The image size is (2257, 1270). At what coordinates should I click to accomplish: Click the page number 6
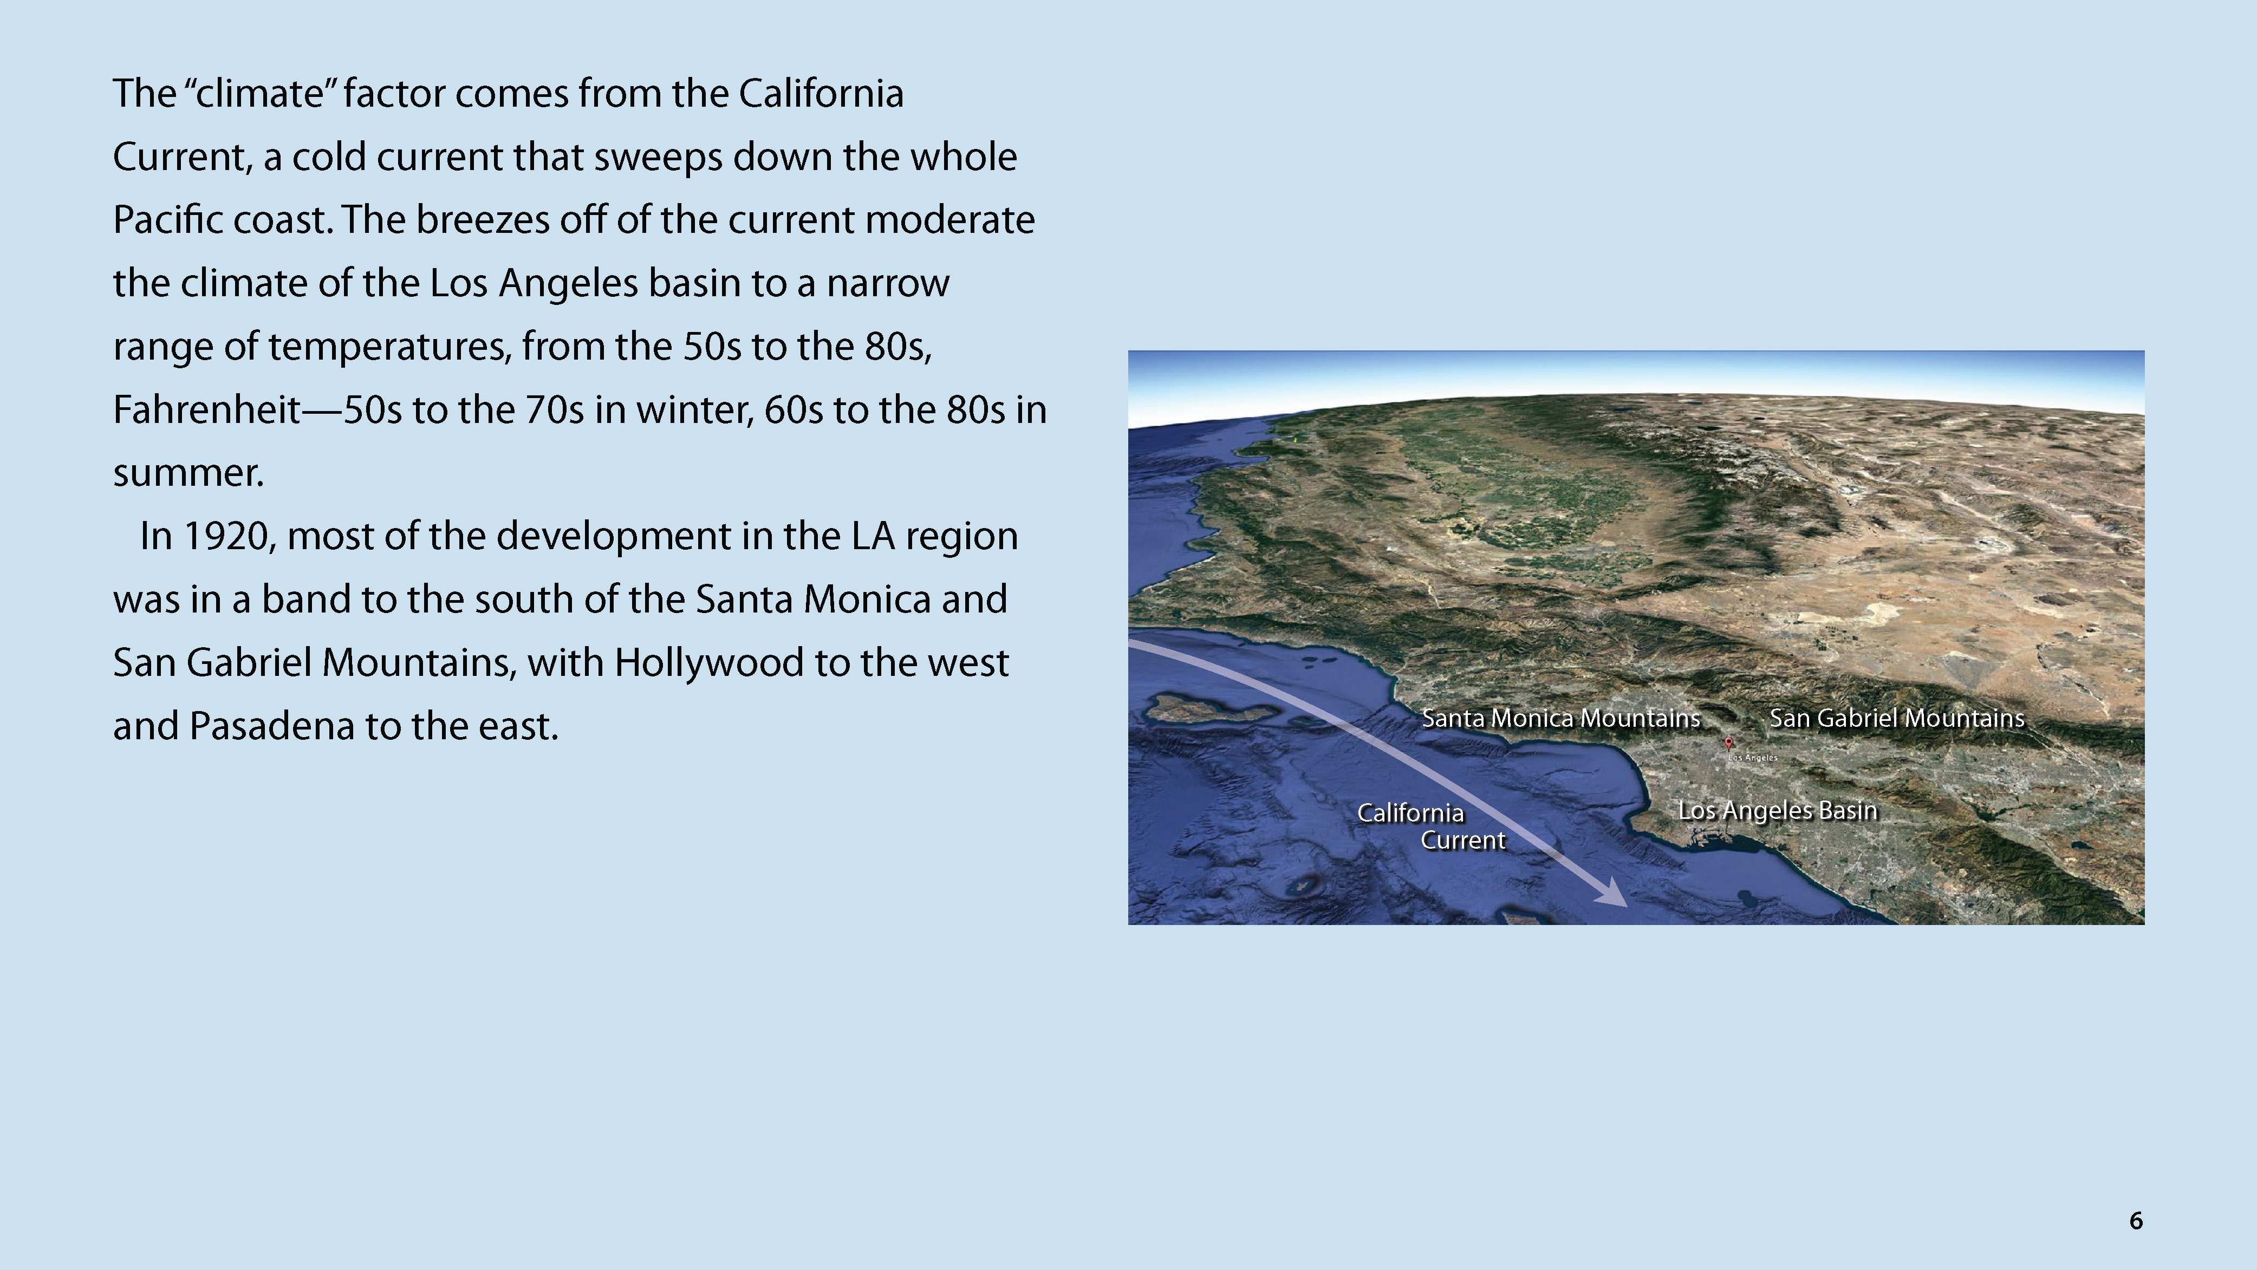[x=2135, y=1220]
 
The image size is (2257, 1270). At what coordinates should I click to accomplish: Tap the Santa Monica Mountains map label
[x=1560, y=718]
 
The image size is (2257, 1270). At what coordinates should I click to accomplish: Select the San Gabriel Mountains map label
[x=1897, y=718]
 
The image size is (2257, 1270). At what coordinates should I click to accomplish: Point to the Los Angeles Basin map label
[x=1778, y=810]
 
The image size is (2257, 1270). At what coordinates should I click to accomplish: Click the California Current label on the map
[x=1432, y=826]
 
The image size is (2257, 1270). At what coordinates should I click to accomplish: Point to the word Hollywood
[x=708, y=663]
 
